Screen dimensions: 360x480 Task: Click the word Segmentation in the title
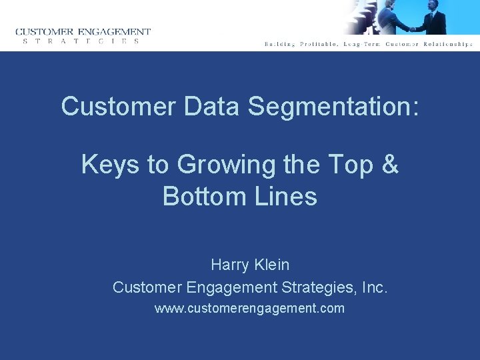tap(334, 107)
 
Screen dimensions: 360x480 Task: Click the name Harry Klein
tap(250, 265)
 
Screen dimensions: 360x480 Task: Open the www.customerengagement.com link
tap(249, 309)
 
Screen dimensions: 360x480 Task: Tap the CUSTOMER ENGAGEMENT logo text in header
tap(83, 31)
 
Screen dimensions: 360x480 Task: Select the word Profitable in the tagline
tap(319, 44)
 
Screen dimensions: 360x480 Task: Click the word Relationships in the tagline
tap(446, 44)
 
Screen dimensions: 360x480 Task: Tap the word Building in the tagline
tap(280, 44)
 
